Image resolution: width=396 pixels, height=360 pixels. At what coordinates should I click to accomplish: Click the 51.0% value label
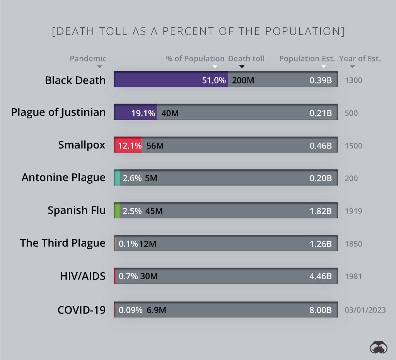click(213, 80)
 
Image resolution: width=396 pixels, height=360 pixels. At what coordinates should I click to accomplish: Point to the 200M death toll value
click(243, 80)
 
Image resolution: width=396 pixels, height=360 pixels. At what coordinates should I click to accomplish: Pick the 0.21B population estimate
click(321, 113)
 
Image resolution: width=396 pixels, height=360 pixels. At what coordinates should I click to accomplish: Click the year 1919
click(353, 211)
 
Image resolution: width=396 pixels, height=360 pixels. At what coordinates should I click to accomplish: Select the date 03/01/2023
click(365, 310)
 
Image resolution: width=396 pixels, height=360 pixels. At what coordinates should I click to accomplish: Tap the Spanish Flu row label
click(77, 210)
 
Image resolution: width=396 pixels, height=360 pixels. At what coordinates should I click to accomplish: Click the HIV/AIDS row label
click(83, 276)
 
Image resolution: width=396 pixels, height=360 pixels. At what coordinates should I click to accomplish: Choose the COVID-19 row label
click(81, 310)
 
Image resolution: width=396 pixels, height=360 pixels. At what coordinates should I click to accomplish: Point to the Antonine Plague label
click(63, 177)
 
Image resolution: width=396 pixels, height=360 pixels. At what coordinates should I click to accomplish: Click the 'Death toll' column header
click(246, 59)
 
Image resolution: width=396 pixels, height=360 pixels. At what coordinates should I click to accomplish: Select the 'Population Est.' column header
click(307, 59)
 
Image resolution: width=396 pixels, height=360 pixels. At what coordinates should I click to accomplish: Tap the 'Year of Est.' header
click(360, 59)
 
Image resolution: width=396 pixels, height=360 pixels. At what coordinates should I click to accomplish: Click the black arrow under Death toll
click(242, 67)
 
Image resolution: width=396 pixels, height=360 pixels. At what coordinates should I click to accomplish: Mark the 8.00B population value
click(321, 310)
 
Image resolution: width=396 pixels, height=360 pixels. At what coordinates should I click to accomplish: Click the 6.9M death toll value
click(156, 310)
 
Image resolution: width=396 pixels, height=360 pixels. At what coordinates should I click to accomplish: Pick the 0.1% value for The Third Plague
click(128, 244)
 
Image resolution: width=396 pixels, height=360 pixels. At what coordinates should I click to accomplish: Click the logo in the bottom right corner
click(378, 347)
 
